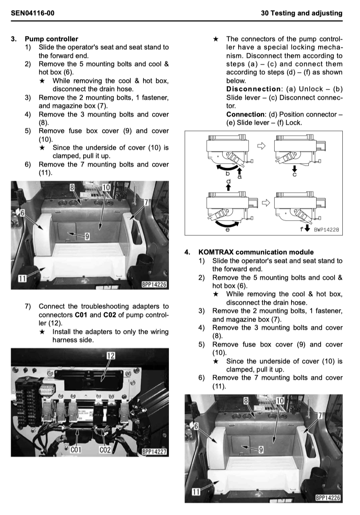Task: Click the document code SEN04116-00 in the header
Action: coord(32,13)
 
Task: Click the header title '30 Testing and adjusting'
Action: coord(301,13)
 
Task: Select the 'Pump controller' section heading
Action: coord(51,39)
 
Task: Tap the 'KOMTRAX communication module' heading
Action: coord(256,252)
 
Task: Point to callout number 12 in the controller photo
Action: coord(110,355)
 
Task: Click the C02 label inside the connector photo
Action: coord(105,450)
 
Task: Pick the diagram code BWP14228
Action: coord(326,230)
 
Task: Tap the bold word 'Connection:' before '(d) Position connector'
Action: coord(246,114)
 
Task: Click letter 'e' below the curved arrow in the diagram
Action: coord(228,230)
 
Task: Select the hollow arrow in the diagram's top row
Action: coord(261,146)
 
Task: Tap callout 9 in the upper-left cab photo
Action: coord(87,236)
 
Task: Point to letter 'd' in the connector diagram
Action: coord(229,181)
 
